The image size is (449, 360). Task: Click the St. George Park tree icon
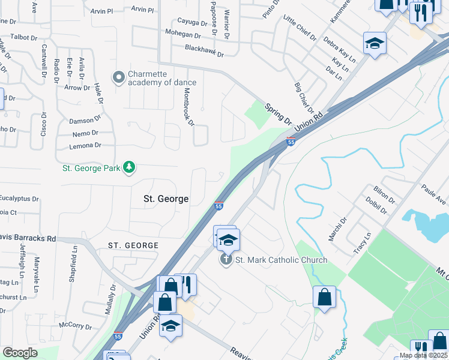click(x=128, y=167)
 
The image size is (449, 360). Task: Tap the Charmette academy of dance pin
click(x=118, y=77)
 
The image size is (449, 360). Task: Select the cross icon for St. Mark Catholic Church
click(x=226, y=259)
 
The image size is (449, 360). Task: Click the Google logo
click(x=20, y=353)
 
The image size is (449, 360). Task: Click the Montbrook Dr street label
click(x=189, y=107)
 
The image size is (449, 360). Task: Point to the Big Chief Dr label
click(x=304, y=98)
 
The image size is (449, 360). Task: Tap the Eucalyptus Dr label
click(x=19, y=198)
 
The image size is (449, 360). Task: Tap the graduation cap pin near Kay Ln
click(x=375, y=43)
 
